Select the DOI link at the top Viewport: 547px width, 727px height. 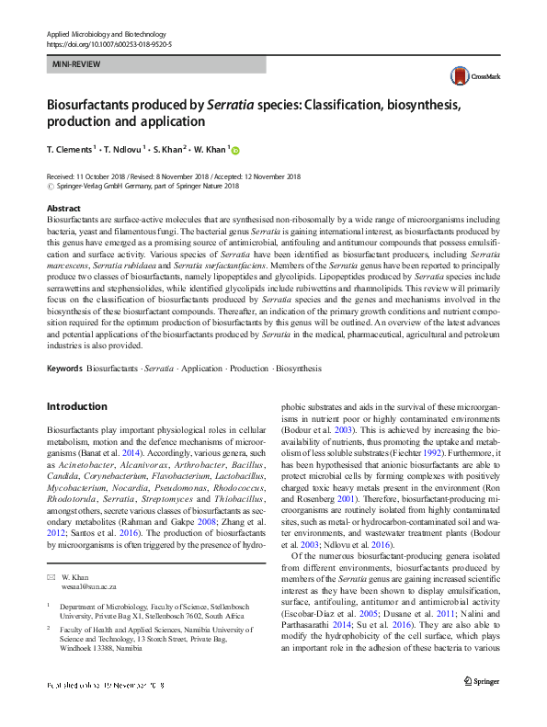click(108, 43)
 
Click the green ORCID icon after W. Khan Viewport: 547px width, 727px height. click(234, 150)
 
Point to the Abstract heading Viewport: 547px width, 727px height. click(63, 210)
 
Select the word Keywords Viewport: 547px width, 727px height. click(64, 368)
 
